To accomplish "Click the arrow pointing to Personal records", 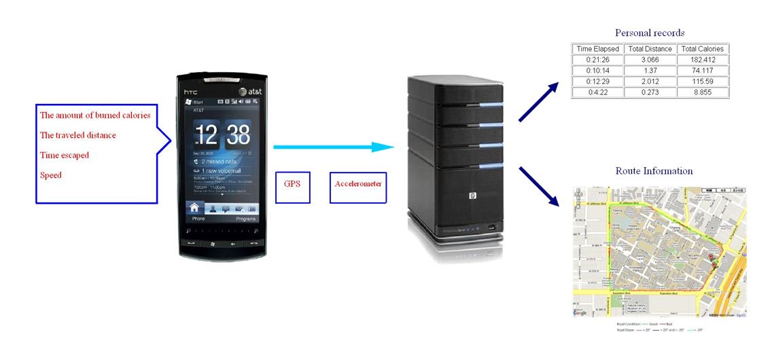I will tap(538, 103).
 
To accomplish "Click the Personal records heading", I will tap(649, 33).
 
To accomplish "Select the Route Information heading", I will tap(654, 170).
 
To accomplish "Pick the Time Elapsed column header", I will tap(597, 49).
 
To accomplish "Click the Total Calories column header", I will tap(703, 49).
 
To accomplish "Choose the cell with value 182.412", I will tap(703, 60).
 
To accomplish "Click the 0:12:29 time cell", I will tap(597, 82).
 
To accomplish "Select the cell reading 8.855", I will tap(703, 92).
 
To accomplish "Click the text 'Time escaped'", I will tap(65, 155).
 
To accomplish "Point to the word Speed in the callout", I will tap(51, 175).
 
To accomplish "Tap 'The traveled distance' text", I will tap(78, 135).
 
